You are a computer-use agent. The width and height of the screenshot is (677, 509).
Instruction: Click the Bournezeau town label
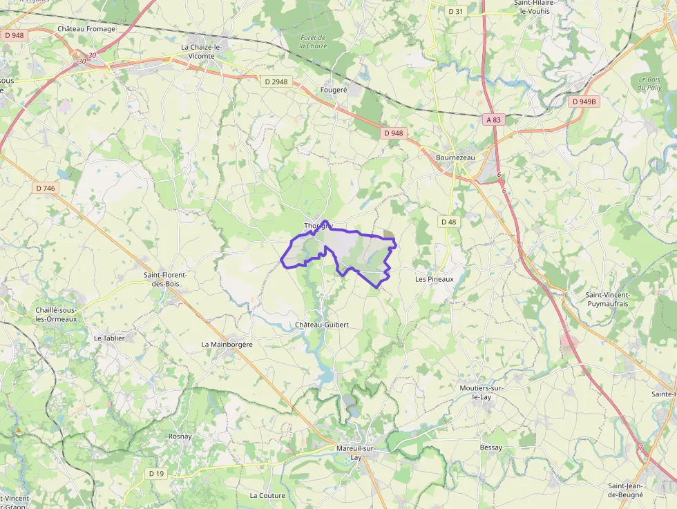click(455, 157)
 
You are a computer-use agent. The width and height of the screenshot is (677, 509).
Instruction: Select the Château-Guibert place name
click(317, 325)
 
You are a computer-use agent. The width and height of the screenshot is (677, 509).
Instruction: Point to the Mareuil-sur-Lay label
click(355, 452)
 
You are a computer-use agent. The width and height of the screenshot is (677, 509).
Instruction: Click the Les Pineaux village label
click(434, 279)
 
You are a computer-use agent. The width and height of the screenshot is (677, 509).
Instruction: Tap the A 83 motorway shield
click(493, 119)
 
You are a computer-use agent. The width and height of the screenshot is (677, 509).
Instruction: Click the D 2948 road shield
click(276, 81)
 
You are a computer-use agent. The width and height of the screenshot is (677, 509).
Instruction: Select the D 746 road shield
click(46, 188)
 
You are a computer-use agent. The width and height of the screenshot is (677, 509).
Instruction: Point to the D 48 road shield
click(448, 222)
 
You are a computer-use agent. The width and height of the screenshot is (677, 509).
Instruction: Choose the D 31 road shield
click(455, 11)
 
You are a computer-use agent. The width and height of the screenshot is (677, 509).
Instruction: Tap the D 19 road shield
click(156, 474)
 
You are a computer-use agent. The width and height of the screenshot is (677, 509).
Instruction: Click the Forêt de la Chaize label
click(313, 41)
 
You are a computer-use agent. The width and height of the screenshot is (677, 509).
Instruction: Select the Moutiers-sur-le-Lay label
click(481, 392)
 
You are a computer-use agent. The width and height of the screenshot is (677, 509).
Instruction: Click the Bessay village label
click(491, 448)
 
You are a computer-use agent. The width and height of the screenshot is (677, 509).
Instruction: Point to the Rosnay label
click(180, 436)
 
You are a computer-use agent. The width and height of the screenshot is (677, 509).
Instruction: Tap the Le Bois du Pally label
click(650, 84)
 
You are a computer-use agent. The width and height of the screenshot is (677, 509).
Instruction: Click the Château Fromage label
click(87, 29)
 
